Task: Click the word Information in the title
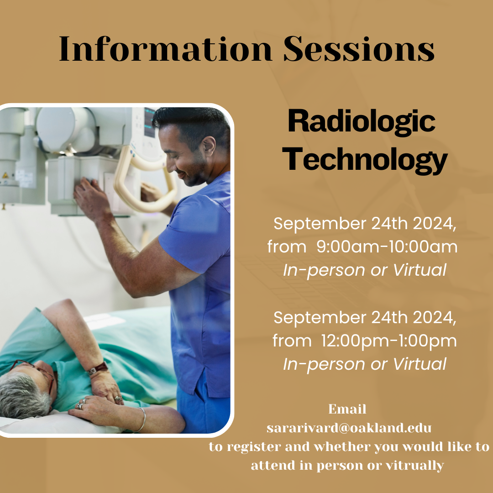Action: click(x=165, y=49)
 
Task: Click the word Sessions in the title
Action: click(x=359, y=49)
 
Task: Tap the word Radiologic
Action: click(x=362, y=122)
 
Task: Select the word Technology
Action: click(x=365, y=160)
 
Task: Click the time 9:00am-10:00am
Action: click(x=387, y=246)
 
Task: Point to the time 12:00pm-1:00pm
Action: click(x=389, y=341)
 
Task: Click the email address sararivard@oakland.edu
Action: click(x=349, y=428)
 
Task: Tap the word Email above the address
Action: click(x=347, y=409)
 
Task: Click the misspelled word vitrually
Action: click(x=414, y=466)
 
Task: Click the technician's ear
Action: click(x=209, y=147)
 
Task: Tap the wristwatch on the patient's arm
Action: click(x=98, y=368)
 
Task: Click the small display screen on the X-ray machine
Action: click(x=150, y=123)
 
